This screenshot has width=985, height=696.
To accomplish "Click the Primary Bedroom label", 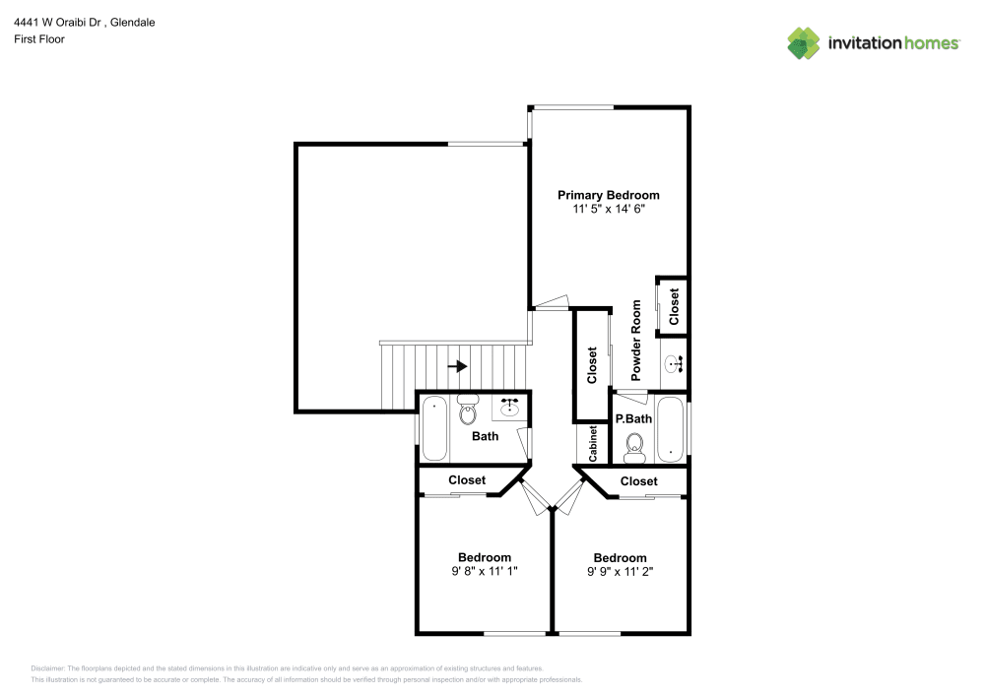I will (x=608, y=195).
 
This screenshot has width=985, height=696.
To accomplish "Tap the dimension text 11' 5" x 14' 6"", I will (x=608, y=210).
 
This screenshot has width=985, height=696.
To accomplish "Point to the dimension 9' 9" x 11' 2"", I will (x=620, y=571).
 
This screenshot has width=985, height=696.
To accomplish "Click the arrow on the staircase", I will (x=457, y=367).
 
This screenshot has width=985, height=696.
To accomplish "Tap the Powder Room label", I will (x=636, y=341).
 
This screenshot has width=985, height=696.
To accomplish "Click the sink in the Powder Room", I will (x=676, y=364).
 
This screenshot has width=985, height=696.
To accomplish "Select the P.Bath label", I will (x=634, y=418).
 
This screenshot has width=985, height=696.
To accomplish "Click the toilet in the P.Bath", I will (x=634, y=448).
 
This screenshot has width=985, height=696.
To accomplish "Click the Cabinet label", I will (x=593, y=444).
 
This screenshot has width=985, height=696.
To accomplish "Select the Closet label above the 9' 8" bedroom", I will (x=467, y=480).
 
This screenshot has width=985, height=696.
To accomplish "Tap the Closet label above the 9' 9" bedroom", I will (x=639, y=481).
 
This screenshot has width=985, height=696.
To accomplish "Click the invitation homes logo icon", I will (x=803, y=42).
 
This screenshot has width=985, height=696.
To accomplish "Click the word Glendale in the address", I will (x=132, y=22).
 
